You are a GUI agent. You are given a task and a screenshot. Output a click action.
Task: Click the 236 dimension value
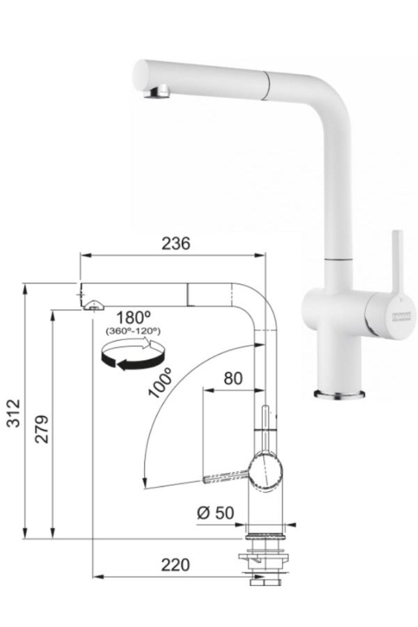click(176, 243)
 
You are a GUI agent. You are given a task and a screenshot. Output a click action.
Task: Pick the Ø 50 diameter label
click(215, 512)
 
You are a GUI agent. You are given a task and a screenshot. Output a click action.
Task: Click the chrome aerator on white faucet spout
click(157, 93)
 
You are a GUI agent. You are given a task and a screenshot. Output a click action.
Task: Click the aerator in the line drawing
click(93, 305)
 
